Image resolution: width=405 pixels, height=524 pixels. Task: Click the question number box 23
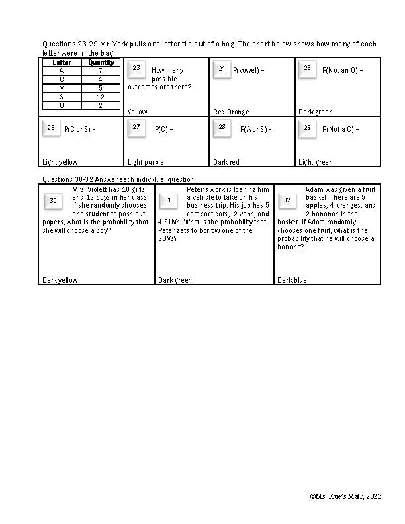click(136, 69)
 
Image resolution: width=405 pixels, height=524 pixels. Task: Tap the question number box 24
click(222, 69)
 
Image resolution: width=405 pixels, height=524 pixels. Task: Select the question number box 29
click(307, 128)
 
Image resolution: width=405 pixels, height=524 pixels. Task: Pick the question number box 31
click(168, 200)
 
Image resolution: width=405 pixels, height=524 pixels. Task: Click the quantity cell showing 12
click(101, 97)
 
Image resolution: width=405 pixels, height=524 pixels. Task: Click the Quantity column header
click(101, 63)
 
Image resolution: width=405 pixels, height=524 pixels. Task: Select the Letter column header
click(62, 63)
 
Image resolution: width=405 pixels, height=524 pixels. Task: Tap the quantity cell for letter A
click(101, 71)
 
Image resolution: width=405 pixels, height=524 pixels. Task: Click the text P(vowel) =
click(249, 70)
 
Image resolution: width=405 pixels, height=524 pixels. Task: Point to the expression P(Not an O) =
click(343, 70)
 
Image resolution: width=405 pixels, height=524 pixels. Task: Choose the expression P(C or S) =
click(80, 129)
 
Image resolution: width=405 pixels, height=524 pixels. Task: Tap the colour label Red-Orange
click(231, 112)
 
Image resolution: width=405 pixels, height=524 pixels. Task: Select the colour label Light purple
click(146, 162)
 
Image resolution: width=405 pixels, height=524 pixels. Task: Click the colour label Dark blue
click(292, 280)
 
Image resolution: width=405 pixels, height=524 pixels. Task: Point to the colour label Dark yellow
click(60, 280)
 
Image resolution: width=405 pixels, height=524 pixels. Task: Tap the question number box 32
click(287, 200)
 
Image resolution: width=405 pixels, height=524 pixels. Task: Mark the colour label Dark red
click(226, 162)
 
